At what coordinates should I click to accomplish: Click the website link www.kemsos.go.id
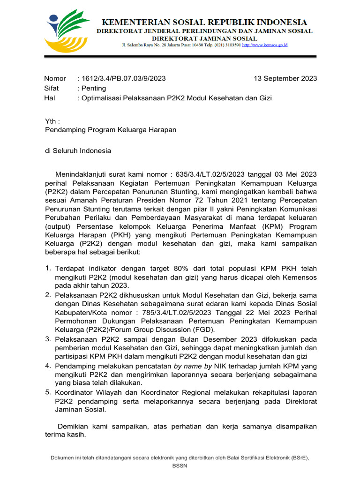(x=264, y=45)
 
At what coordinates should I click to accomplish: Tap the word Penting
(x=94, y=88)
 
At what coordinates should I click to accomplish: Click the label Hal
(x=50, y=98)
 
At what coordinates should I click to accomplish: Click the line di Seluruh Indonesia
(x=78, y=150)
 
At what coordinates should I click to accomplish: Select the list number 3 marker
(x=48, y=338)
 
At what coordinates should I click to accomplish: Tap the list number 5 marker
(x=48, y=392)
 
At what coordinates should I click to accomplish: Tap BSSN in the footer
(x=180, y=465)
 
